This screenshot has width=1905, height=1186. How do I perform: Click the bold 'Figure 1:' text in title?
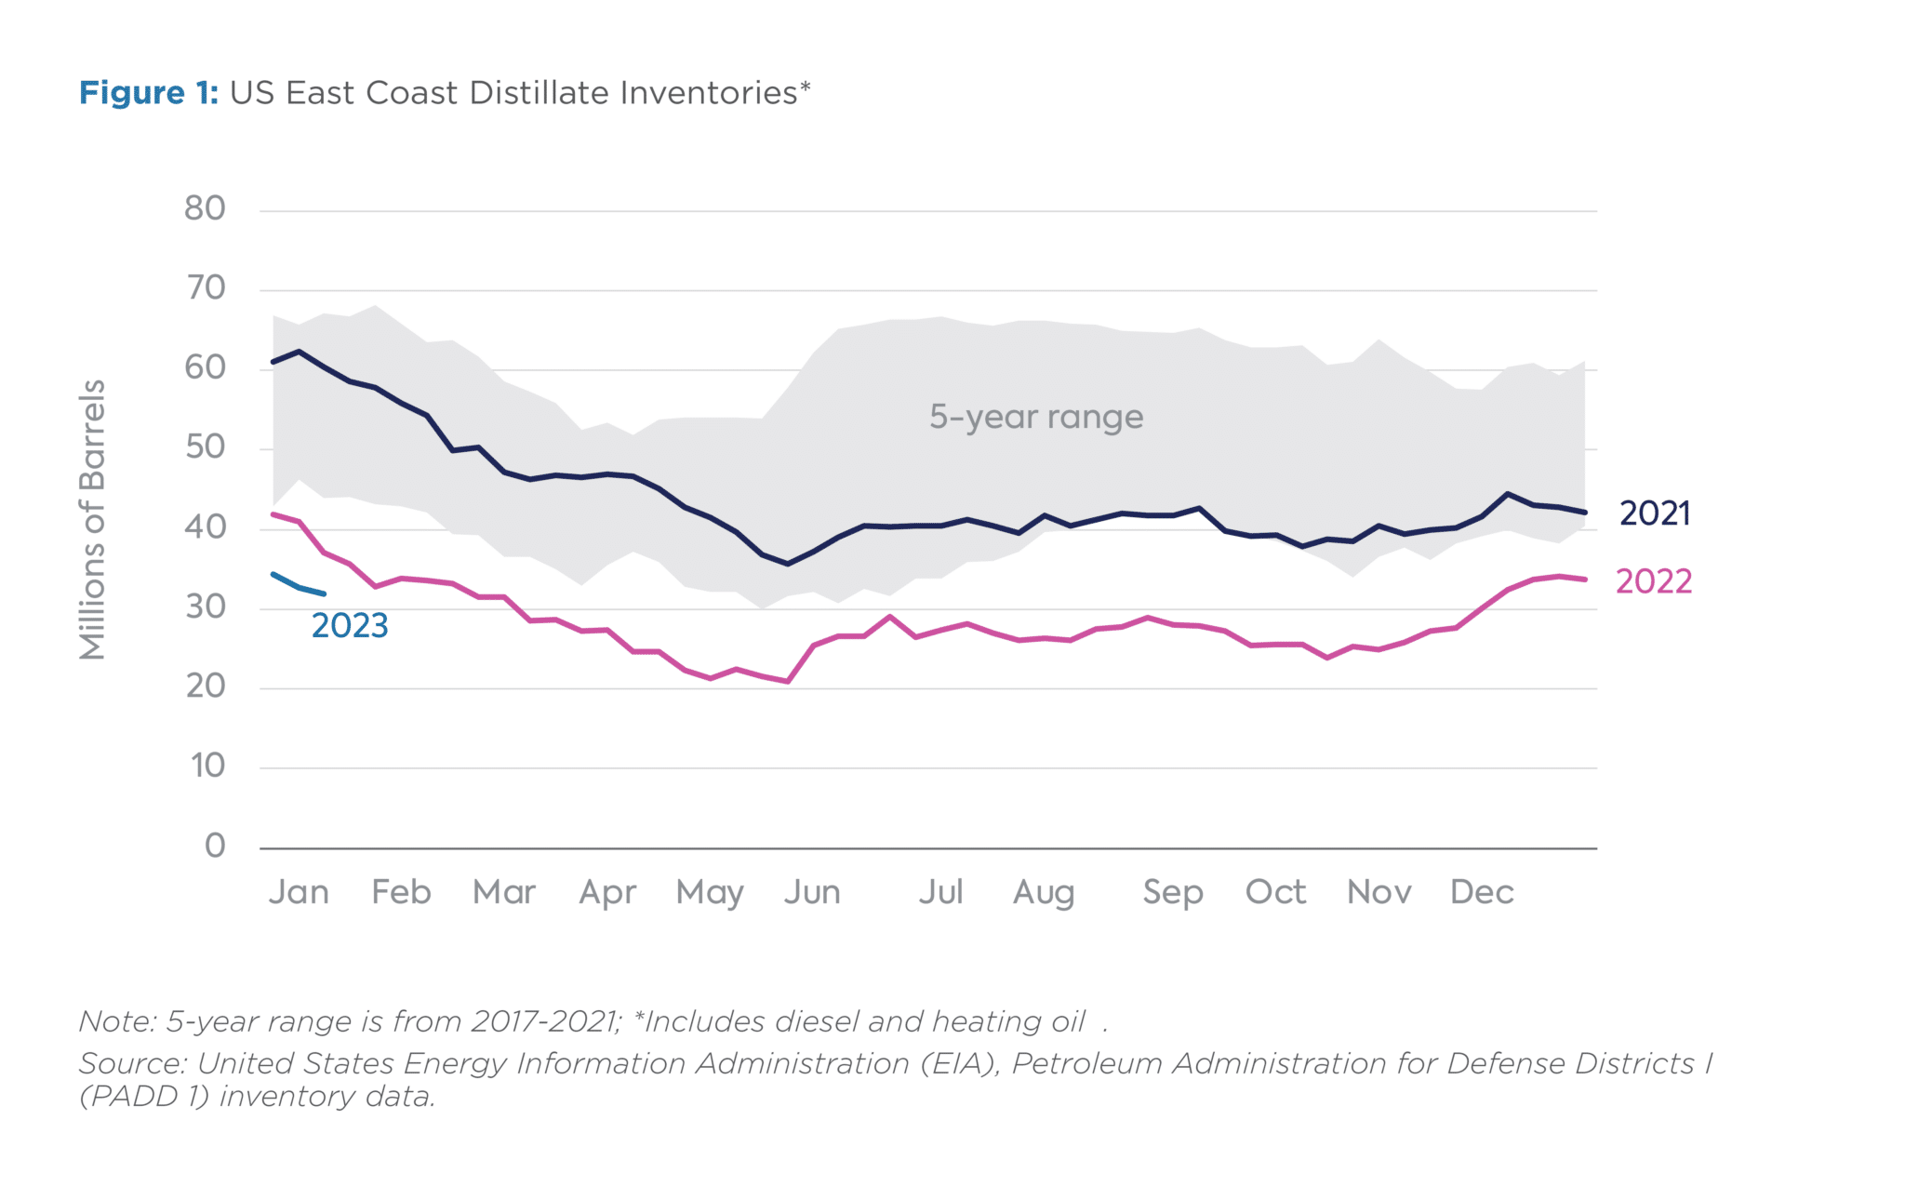point(148,93)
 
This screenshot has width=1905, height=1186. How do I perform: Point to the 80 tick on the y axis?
point(205,208)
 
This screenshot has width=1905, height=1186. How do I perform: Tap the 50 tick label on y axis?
point(205,447)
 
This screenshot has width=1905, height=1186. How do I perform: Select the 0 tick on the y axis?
point(215,846)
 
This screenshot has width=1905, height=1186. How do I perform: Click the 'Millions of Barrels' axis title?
point(93,519)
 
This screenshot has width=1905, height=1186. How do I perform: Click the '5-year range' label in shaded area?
point(1036,417)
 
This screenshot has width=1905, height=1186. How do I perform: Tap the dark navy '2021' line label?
point(1654,513)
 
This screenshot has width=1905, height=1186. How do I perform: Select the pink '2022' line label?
point(1653,581)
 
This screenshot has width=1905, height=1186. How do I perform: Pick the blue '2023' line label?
point(350,626)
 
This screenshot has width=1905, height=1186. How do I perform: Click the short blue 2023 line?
point(299,587)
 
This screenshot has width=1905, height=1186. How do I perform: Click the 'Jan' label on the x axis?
point(299,892)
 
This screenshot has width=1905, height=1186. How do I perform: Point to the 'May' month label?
point(710,893)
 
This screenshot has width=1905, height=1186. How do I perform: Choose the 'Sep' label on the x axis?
point(1173,893)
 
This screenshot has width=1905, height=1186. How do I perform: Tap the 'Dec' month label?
point(1482,892)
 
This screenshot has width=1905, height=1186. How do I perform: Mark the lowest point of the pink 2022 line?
point(788,682)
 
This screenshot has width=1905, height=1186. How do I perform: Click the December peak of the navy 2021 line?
point(1508,494)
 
